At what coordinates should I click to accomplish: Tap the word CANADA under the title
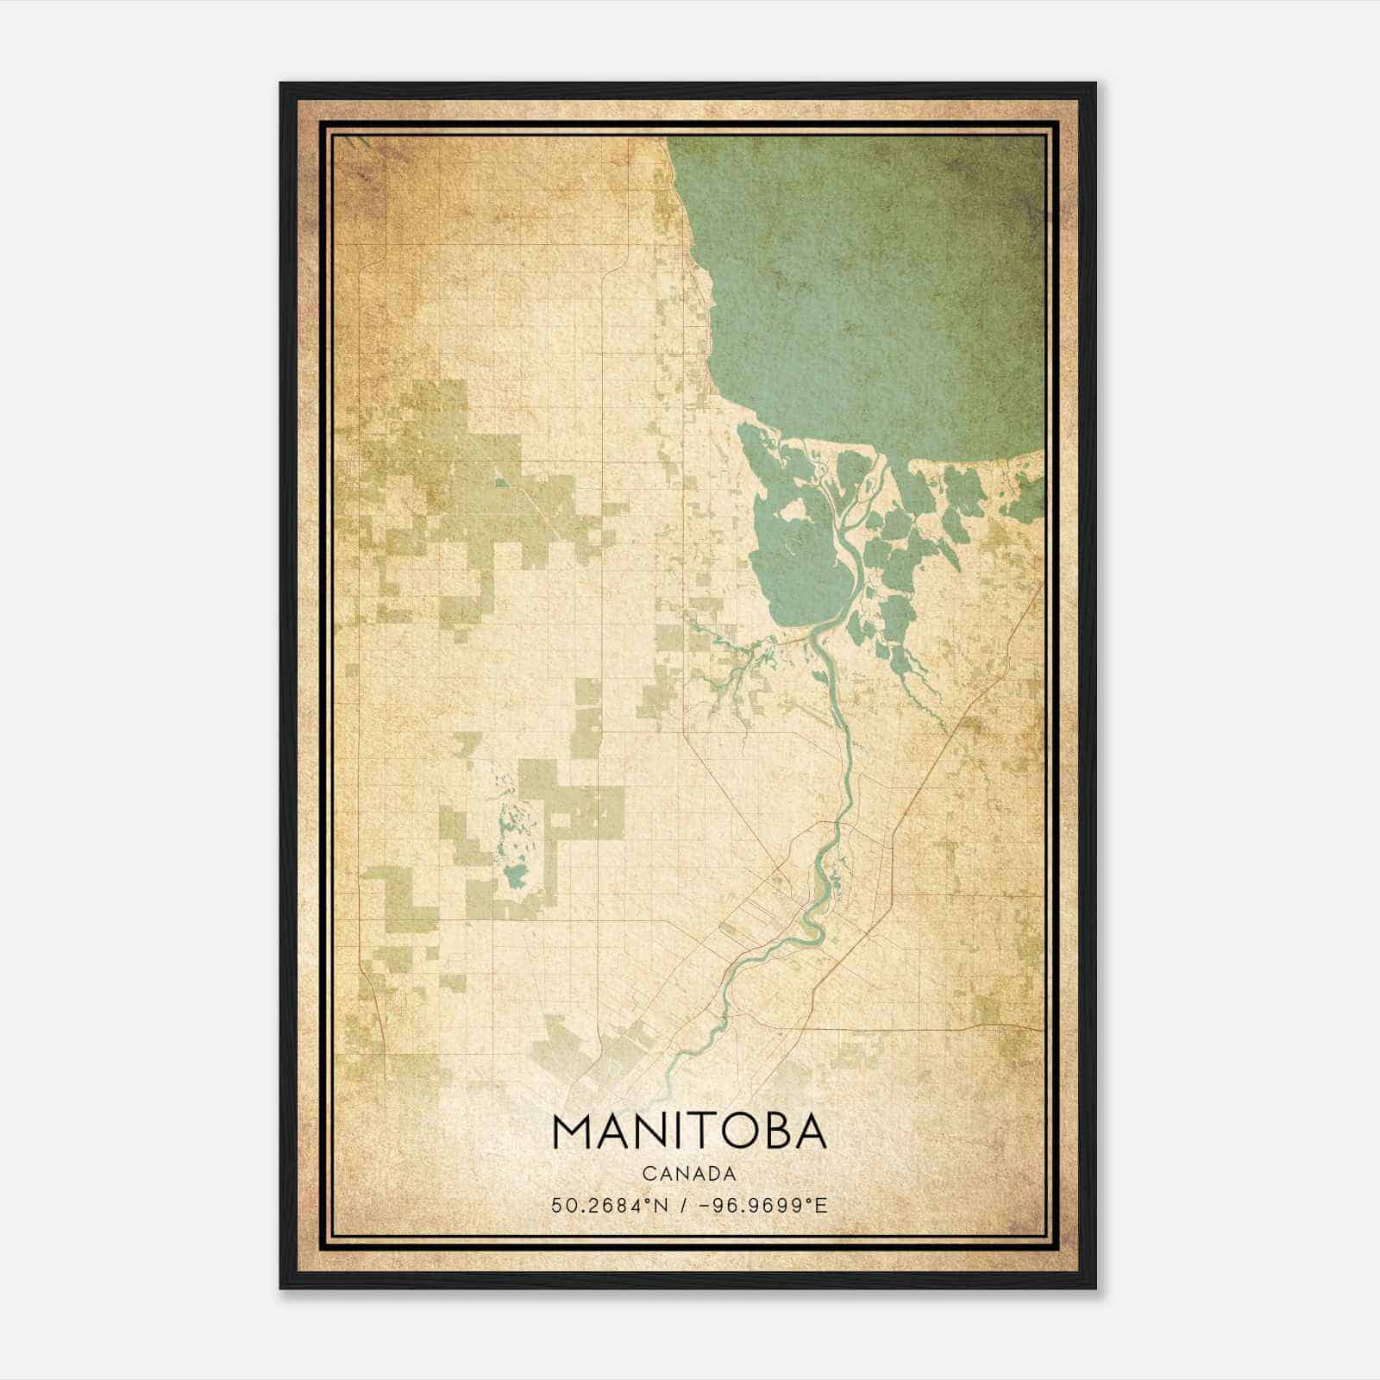click(x=688, y=1174)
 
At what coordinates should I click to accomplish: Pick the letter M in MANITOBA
click(x=573, y=1132)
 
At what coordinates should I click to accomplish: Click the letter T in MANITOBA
click(x=701, y=1132)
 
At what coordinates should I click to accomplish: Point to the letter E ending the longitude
click(x=822, y=1205)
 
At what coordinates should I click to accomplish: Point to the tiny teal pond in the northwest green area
click(x=500, y=481)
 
